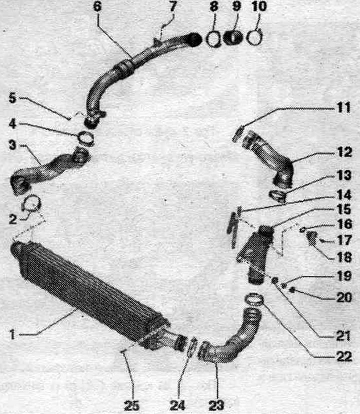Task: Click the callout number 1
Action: pyautogui.click(x=12, y=335)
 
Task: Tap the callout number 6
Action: pyautogui.click(x=97, y=6)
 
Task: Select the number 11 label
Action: pyautogui.click(x=344, y=108)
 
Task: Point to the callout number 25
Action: pyautogui.click(x=132, y=405)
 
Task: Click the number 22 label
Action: pyautogui.click(x=344, y=356)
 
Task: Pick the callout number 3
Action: pyautogui.click(x=12, y=145)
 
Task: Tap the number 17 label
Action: pyautogui.click(x=344, y=241)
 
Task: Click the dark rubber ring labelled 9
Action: pyautogui.click(x=233, y=38)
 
